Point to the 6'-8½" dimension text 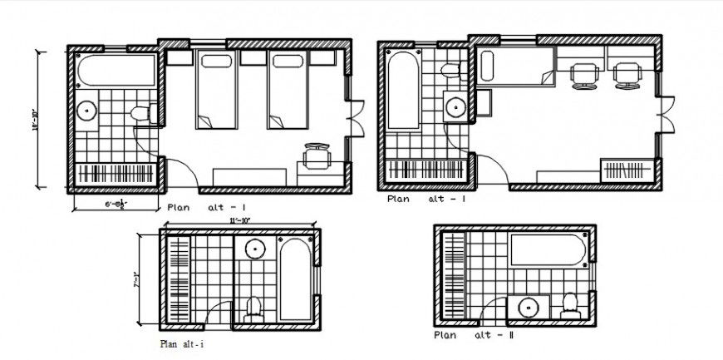[x=115, y=203]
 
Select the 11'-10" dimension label [x=238, y=220]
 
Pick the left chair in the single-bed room [x=583, y=76]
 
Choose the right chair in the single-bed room [x=627, y=76]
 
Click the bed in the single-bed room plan [x=515, y=67]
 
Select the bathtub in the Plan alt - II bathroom [x=549, y=249]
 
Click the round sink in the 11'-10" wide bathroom [x=254, y=249]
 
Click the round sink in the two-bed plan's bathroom [x=88, y=111]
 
